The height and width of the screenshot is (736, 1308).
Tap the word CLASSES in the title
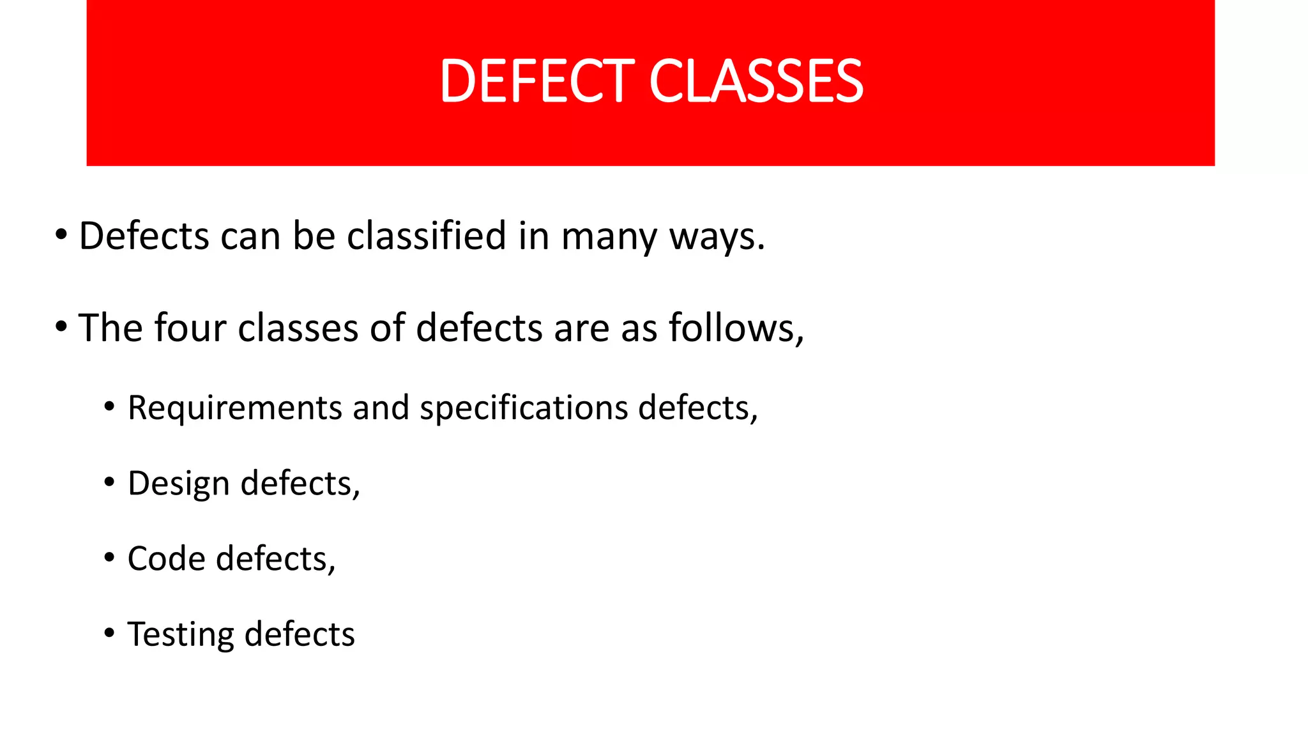pyautogui.click(x=756, y=81)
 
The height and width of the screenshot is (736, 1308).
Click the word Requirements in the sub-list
pyautogui.click(x=235, y=408)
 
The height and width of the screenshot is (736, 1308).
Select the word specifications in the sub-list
pyautogui.click(x=524, y=408)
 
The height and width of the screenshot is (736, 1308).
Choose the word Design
pyautogui.click(x=179, y=484)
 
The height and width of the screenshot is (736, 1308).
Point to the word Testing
pyautogui.click(x=181, y=635)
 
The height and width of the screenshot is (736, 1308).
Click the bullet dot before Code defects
pyautogui.click(x=109, y=558)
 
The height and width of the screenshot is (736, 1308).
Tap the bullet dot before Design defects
pyautogui.click(x=109, y=482)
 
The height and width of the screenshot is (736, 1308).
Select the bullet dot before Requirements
pyautogui.click(x=109, y=407)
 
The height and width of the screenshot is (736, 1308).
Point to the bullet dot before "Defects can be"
pyautogui.click(x=61, y=235)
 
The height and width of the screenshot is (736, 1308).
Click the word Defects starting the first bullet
pyautogui.click(x=144, y=236)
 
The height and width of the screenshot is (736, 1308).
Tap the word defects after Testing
pyautogui.click(x=300, y=634)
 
